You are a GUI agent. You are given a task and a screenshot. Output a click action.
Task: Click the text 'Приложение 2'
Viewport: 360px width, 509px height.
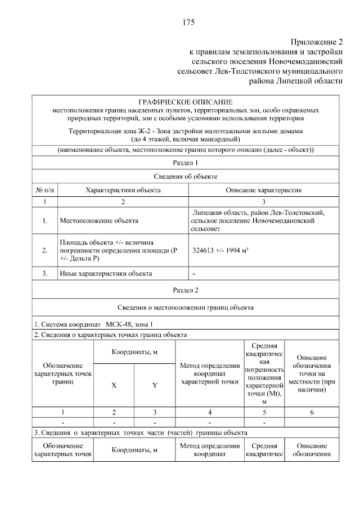316,42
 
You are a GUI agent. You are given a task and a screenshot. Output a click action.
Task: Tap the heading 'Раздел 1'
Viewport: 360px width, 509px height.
185,163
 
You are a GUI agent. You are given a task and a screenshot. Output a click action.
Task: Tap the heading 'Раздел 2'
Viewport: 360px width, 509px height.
185,290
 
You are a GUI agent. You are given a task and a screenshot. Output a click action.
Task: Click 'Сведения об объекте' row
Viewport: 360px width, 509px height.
185,177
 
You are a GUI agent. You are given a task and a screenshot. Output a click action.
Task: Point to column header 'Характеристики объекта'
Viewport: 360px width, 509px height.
123,190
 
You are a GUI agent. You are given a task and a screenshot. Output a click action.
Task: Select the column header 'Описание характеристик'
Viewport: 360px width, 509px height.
264,190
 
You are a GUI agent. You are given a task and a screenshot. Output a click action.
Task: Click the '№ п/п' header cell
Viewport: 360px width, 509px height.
44,190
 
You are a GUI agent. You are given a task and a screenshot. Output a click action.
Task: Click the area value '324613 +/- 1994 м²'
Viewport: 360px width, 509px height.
220,251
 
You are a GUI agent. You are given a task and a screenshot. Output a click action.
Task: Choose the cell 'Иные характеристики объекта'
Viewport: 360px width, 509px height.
106,274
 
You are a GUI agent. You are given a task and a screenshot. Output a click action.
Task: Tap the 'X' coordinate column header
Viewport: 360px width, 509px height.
114,386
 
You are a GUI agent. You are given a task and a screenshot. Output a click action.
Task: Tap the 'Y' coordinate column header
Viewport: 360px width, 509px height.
154,386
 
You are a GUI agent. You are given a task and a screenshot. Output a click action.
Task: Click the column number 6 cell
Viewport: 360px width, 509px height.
312,412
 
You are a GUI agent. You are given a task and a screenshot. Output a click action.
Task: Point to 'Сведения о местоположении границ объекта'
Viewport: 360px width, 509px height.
185,308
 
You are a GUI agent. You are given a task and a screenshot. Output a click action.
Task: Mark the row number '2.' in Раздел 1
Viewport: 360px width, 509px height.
44,251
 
